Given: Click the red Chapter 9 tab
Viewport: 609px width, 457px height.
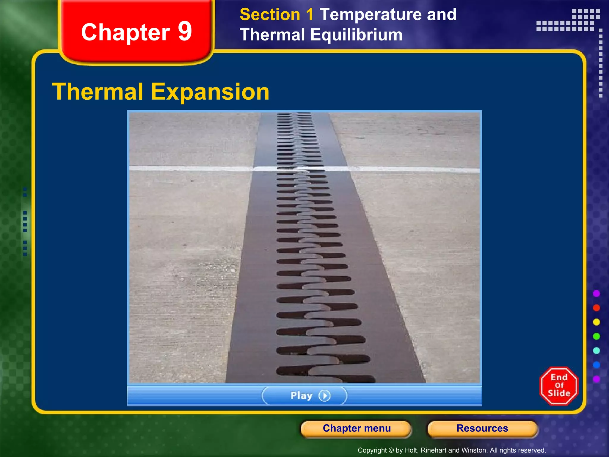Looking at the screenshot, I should point(136,32).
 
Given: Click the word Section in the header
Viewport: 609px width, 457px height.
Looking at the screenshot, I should point(270,15).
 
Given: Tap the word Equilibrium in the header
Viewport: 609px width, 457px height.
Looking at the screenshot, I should point(356,35).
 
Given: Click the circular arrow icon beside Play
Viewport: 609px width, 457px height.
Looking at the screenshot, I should point(324,396).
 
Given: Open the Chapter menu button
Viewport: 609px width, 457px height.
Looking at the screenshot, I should point(357,428).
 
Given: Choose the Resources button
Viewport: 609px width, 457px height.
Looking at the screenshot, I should point(482,428).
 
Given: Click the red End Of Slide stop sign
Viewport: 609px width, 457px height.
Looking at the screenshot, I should point(559,386).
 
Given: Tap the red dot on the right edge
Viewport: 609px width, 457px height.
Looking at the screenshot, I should point(597,308).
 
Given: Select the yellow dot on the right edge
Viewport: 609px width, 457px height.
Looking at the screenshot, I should point(597,322).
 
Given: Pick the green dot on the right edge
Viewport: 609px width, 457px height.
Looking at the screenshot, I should point(597,337).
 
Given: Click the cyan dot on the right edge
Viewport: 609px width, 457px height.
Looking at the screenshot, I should point(597,351).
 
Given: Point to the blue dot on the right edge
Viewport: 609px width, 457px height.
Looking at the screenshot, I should point(597,365).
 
